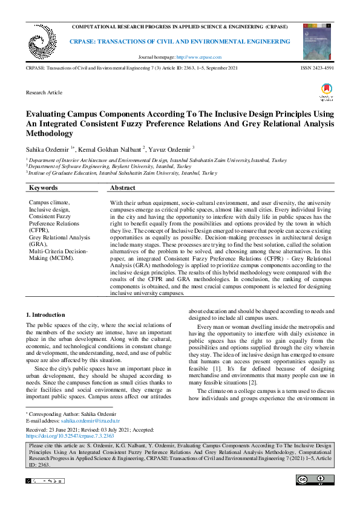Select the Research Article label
click(x=44, y=92)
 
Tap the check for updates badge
click(x=326, y=93)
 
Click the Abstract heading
click(x=123, y=188)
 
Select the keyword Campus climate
click(x=50, y=203)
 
